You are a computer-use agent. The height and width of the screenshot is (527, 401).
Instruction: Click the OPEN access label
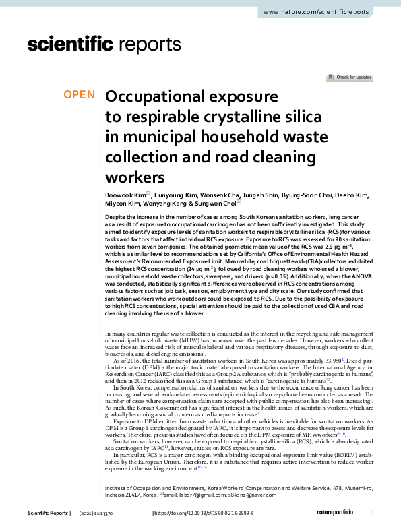pos(79,95)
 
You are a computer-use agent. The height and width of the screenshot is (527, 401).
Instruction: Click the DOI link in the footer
pos(212,514)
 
